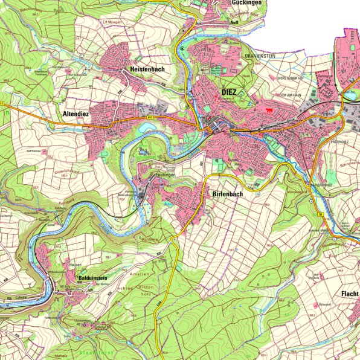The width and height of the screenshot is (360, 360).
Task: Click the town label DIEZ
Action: click(x=229, y=92)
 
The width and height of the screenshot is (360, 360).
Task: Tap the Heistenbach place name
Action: click(x=147, y=70)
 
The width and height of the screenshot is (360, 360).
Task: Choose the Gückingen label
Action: click(x=248, y=3)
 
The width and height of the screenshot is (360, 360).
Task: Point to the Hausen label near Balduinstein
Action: click(x=76, y=265)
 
